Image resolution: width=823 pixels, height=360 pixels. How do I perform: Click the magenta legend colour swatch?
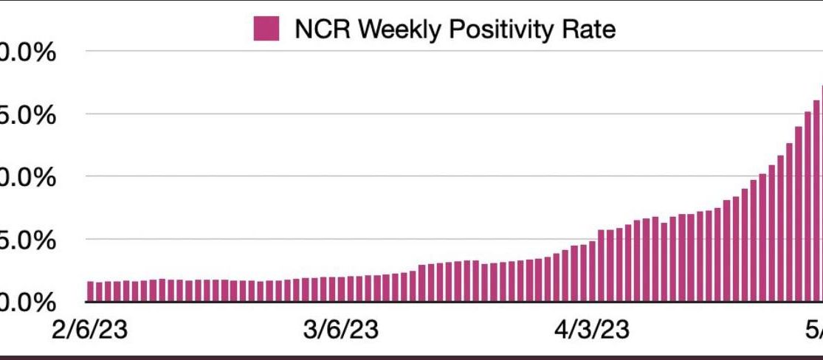(x=266, y=29)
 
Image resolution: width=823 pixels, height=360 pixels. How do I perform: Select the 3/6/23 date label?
(x=341, y=329)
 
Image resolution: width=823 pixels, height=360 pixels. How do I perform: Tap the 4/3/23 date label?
(x=592, y=329)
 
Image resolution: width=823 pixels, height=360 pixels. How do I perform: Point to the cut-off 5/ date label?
(x=812, y=329)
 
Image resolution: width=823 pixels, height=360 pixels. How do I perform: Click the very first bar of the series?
(x=90, y=291)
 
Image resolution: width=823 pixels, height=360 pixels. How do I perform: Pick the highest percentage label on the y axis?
(x=30, y=53)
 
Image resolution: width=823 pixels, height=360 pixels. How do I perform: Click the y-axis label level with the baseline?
(x=30, y=302)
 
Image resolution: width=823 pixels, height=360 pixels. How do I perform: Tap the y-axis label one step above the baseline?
(x=30, y=240)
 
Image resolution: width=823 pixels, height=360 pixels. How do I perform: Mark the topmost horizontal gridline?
(x=443, y=52)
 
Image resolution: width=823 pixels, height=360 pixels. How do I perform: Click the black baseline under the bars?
(x=443, y=302)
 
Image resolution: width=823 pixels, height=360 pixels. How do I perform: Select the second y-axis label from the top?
(x=30, y=115)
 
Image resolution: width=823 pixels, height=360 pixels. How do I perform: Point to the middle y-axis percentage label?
(x=30, y=178)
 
